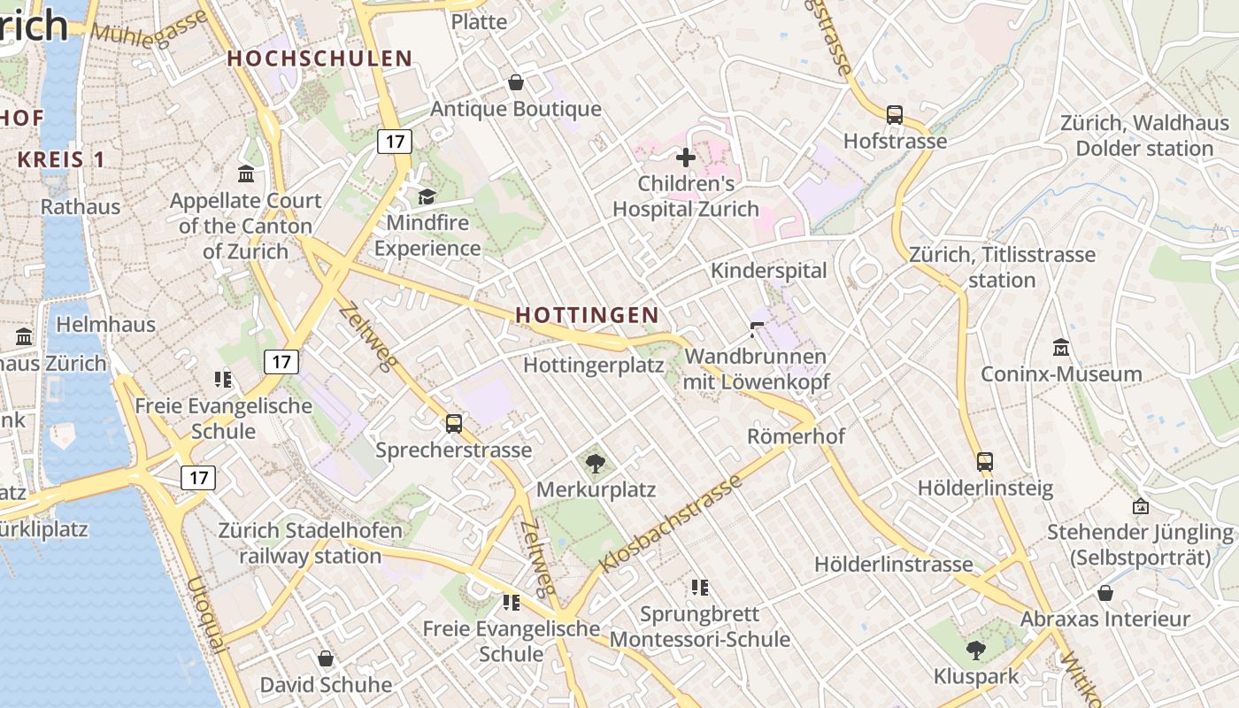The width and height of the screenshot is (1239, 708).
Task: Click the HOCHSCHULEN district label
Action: pos(319,58)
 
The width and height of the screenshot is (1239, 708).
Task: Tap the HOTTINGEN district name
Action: pos(587,315)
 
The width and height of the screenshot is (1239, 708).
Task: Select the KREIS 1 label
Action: pos(61,160)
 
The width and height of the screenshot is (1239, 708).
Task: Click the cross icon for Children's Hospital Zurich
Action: pos(686,158)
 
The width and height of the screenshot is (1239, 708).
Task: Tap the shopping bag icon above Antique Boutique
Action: pos(516,83)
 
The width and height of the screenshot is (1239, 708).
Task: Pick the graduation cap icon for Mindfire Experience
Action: pos(427,196)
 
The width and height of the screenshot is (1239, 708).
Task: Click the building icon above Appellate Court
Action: pos(246,173)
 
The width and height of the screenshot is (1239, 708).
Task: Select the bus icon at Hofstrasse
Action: pos(895,115)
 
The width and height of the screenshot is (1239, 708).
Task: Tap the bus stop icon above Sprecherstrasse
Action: pos(454,424)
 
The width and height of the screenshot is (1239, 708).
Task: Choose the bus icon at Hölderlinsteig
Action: pos(985,462)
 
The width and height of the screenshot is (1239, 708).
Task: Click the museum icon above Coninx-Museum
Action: pos(1061,348)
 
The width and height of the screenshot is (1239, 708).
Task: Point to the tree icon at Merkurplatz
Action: pos(596,463)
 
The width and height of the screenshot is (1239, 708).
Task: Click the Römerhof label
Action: pos(796,436)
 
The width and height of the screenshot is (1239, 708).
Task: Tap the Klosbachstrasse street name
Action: pos(670,524)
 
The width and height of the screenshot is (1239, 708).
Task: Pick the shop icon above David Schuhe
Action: pos(326,659)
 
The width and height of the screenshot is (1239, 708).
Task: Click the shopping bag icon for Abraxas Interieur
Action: pos(1105,593)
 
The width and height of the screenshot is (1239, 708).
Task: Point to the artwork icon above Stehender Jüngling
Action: pos(1141,507)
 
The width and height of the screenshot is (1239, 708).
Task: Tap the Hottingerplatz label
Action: pos(594,365)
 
